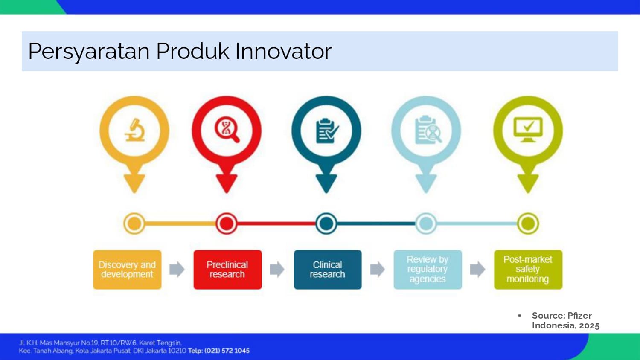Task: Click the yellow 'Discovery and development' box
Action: tap(127, 270)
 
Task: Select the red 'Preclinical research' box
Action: tap(227, 270)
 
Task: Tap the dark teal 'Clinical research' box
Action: tap(328, 270)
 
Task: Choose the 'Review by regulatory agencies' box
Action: tap(428, 270)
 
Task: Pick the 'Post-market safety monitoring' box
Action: tap(528, 270)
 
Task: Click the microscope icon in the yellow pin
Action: tap(134, 130)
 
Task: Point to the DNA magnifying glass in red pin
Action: tap(227, 129)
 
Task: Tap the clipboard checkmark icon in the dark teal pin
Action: tap(327, 131)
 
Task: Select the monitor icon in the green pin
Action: tap(528, 129)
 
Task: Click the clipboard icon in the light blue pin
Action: tap(428, 130)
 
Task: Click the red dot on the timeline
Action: tap(226, 224)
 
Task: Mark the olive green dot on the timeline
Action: tap(528, 224)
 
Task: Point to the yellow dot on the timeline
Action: tap(134, 224)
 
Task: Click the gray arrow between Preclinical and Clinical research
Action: tap(277, 269)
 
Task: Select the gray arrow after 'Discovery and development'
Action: tap(177, 269)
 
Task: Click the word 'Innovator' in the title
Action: tap(283, 52)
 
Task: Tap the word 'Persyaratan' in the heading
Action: tap(89, 52)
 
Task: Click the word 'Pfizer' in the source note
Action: tap(579, 316)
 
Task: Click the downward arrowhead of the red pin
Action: tap(227, 183)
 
